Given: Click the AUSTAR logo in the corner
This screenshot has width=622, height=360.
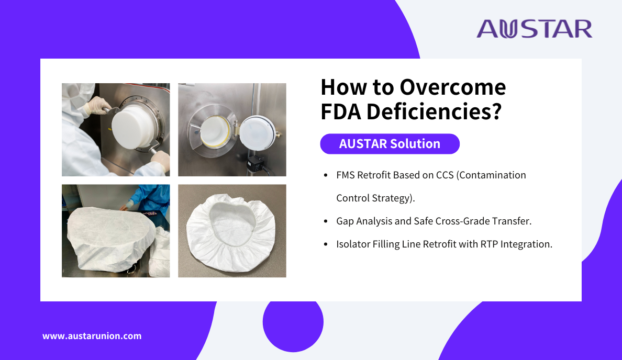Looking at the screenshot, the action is (x=535, y=29).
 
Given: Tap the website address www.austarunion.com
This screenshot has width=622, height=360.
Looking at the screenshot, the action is (x=92, y=336).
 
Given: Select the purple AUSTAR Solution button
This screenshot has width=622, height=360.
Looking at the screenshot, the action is (x=390, y=143).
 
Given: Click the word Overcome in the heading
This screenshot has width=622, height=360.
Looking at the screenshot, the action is (x=452, y=87).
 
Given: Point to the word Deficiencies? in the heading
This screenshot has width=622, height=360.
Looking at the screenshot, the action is (x=434, y=111).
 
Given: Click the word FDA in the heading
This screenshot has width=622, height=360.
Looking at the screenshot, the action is (x=341, y=111).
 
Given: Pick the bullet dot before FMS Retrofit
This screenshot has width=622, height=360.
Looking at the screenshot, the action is (x=326, y=175).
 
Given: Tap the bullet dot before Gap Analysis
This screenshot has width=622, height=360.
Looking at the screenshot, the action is (x=326, y=221).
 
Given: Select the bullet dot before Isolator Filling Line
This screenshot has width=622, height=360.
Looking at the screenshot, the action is (x=326, y=244).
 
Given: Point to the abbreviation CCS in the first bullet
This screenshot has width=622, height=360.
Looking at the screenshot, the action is (x=445, y=175).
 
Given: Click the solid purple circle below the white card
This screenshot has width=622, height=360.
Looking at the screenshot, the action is (x=293, y=322).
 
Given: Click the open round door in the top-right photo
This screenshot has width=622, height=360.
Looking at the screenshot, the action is (x=258, y=133).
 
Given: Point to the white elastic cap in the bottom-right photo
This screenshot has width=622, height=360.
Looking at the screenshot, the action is (x=231, y=232).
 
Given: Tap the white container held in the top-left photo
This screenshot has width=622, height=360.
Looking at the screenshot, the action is (x=132, y=126).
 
